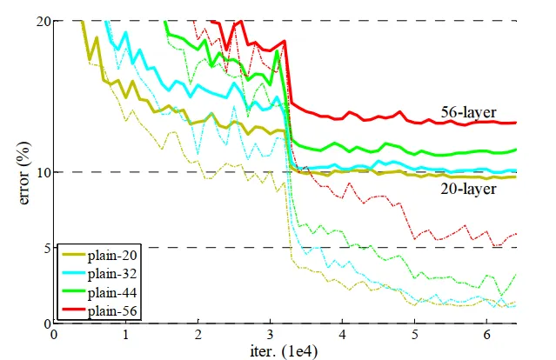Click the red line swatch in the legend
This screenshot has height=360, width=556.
77,310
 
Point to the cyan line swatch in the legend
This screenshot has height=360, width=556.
77,274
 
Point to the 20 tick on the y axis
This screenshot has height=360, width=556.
39,20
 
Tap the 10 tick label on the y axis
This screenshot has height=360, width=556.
39,172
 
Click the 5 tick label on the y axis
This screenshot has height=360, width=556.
43,248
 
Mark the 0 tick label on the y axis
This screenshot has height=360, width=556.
43,323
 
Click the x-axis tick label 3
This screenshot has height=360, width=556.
271,335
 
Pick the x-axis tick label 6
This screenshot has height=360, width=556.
488,335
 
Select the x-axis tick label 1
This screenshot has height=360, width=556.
126,335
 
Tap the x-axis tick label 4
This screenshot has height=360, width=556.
344,335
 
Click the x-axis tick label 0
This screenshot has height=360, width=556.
54,335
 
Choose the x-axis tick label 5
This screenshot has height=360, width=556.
416,335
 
